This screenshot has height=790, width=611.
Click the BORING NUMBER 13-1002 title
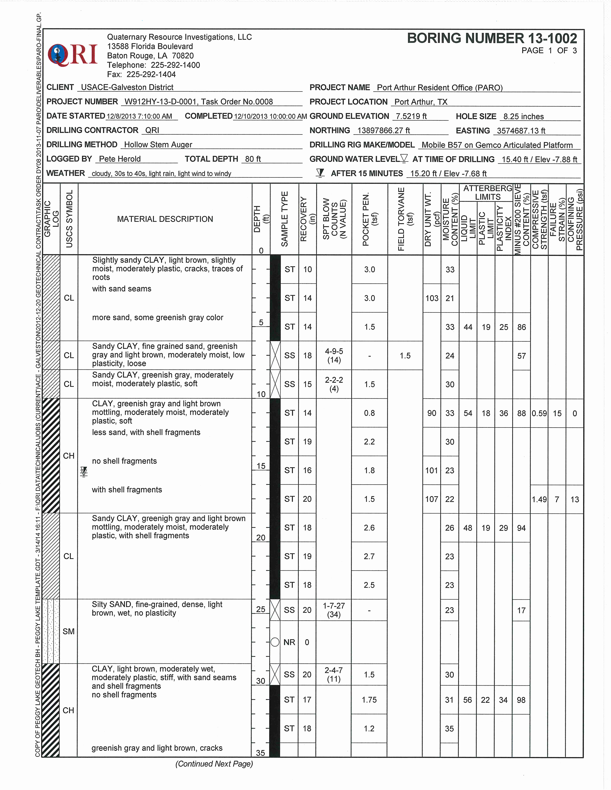pos(492,38)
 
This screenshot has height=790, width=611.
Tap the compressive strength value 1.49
pos(539,499)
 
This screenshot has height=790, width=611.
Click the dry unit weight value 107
pos(431,499)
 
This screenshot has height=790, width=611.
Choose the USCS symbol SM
pos(68,631)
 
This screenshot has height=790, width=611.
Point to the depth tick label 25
pos(261,609)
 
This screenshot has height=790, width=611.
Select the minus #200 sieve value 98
pos(521,700)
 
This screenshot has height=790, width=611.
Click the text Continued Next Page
pos(214,764)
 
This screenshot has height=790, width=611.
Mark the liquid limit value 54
pos(468,413)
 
